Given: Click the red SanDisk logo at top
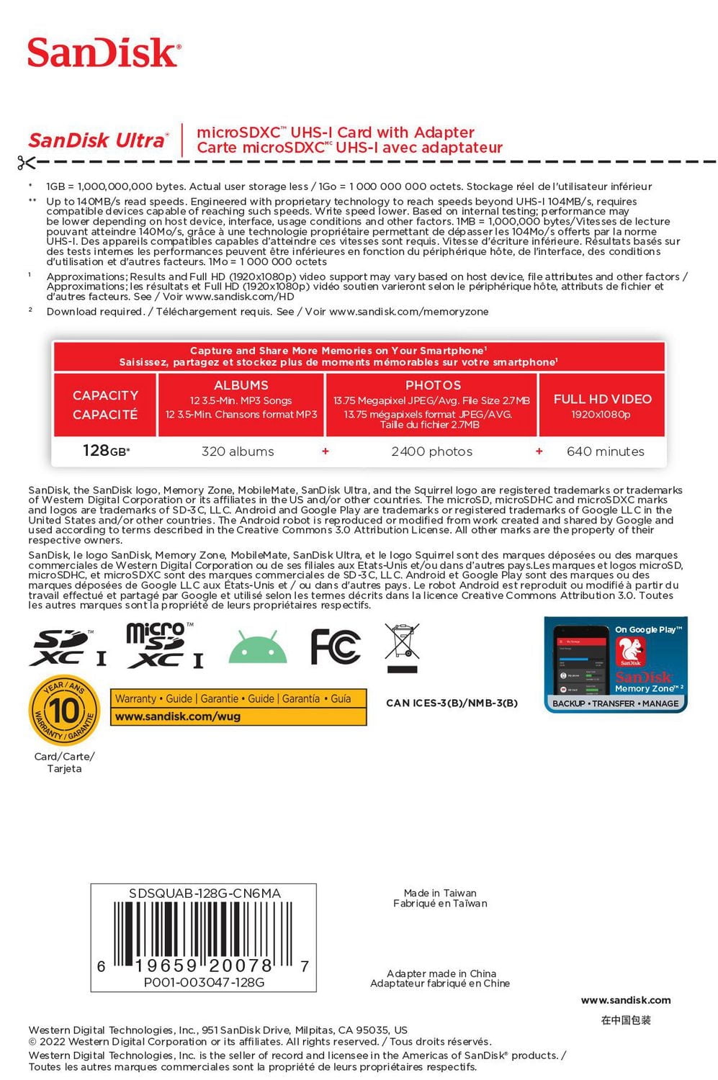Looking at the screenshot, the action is (103, 53).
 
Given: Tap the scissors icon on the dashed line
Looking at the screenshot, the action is (27, 163).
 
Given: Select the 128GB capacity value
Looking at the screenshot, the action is (106, 451).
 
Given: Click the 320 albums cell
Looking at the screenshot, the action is (238, 451).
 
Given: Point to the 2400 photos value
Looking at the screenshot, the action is (431, 451).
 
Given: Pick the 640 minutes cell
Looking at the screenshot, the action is (605, 451).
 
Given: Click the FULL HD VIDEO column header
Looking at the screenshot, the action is (602, 399).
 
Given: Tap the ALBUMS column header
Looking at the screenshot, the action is (241, 385).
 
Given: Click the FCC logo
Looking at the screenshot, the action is (335, 647).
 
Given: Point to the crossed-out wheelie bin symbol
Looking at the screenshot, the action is (402, 647).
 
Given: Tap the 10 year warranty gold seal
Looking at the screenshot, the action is (63, 711).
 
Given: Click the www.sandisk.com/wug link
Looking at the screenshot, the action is (178, 716).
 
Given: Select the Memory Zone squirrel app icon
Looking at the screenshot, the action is (630, 652).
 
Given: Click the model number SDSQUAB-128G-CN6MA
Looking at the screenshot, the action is (205, 894).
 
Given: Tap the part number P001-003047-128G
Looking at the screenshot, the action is (204, 982).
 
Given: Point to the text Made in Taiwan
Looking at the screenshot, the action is (439, 893).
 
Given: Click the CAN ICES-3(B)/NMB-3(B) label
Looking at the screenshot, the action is (452, 703).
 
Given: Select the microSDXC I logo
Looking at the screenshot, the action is (164, 646).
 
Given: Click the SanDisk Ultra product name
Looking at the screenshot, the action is (97, 140).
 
